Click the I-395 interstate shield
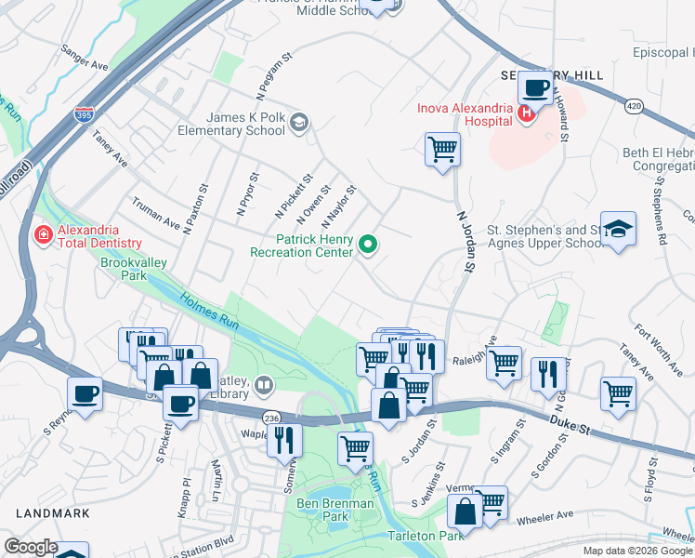point(83,115)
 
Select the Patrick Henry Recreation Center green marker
point(369,246)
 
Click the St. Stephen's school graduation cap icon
point(617,228)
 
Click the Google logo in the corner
point(30,547)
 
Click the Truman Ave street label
point(155,217)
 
